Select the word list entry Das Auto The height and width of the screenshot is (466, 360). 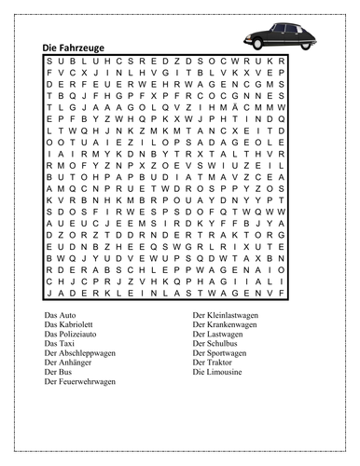click(x=62, y=316)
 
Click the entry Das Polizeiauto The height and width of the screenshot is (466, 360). click(x=73, y=335)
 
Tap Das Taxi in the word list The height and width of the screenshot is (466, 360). click(x=61, y=344)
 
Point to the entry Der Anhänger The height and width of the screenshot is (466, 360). click(x=71, y=363)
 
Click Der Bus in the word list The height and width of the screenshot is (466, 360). click(x=59, y=372)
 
